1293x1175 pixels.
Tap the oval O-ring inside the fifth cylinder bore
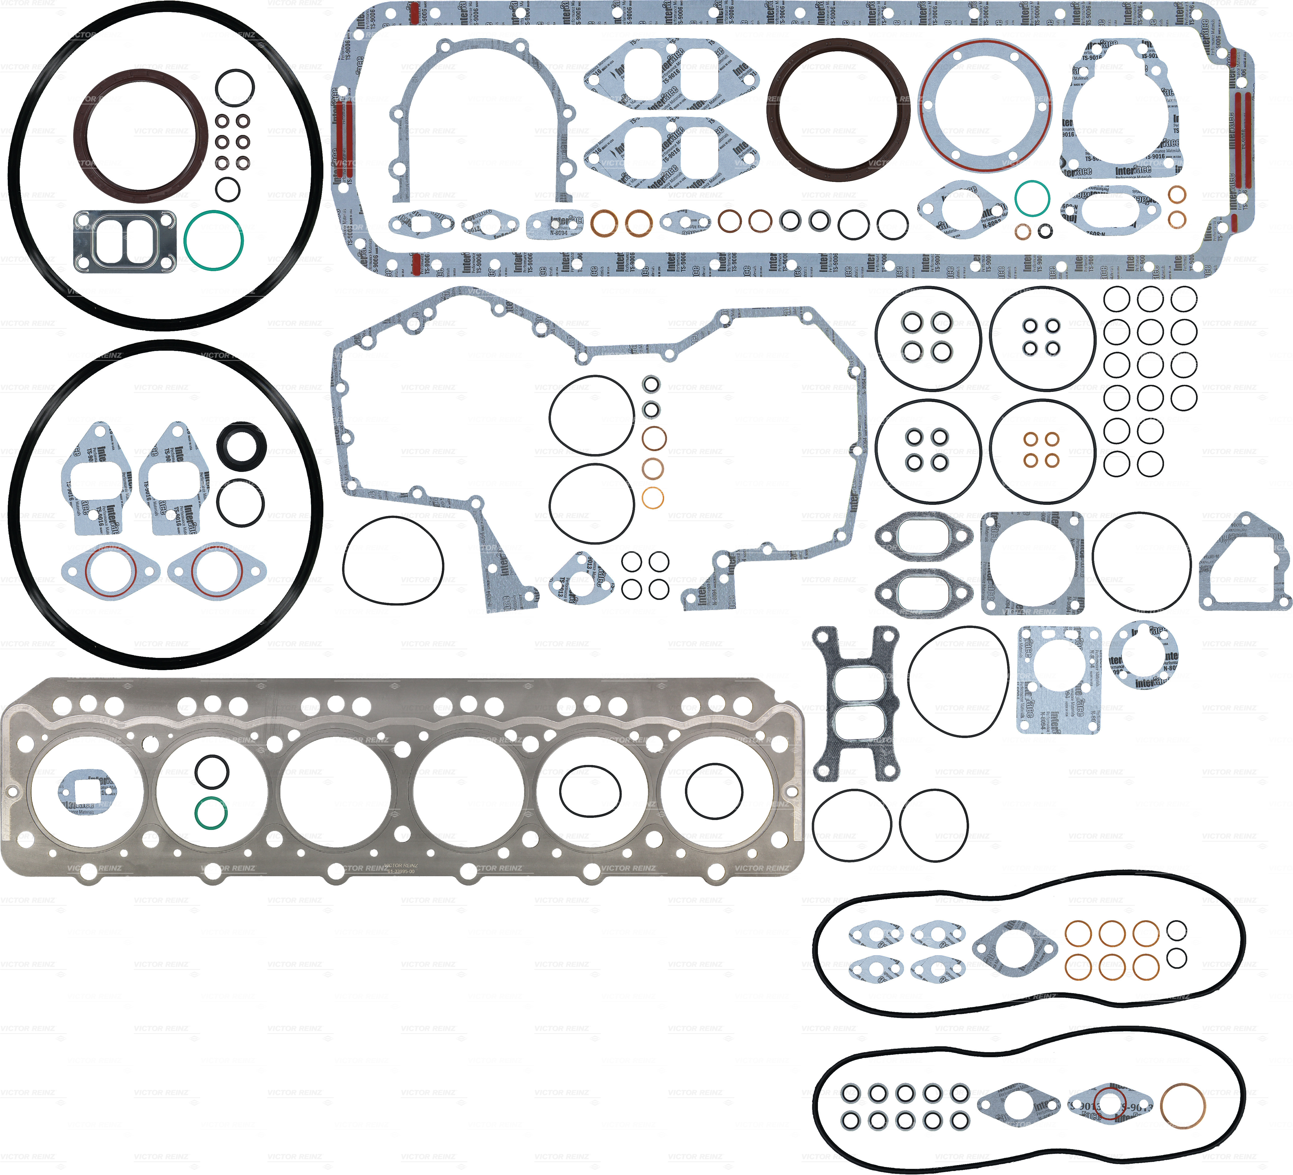point(590,791)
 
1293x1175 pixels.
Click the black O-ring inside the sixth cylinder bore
point(714,791)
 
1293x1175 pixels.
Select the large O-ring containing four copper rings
point(1042,451)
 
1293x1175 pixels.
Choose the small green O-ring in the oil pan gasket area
point(1032,198)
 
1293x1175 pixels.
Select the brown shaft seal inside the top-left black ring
point(140,135)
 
